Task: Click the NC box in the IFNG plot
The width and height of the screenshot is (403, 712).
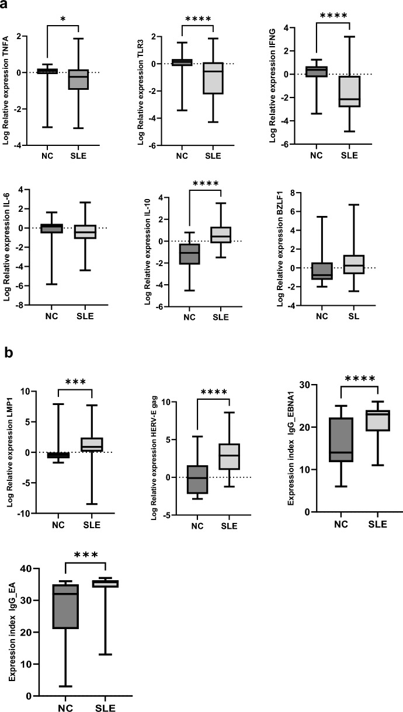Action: click(316, 71)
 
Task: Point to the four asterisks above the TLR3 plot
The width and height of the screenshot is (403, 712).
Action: click(199, 20)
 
